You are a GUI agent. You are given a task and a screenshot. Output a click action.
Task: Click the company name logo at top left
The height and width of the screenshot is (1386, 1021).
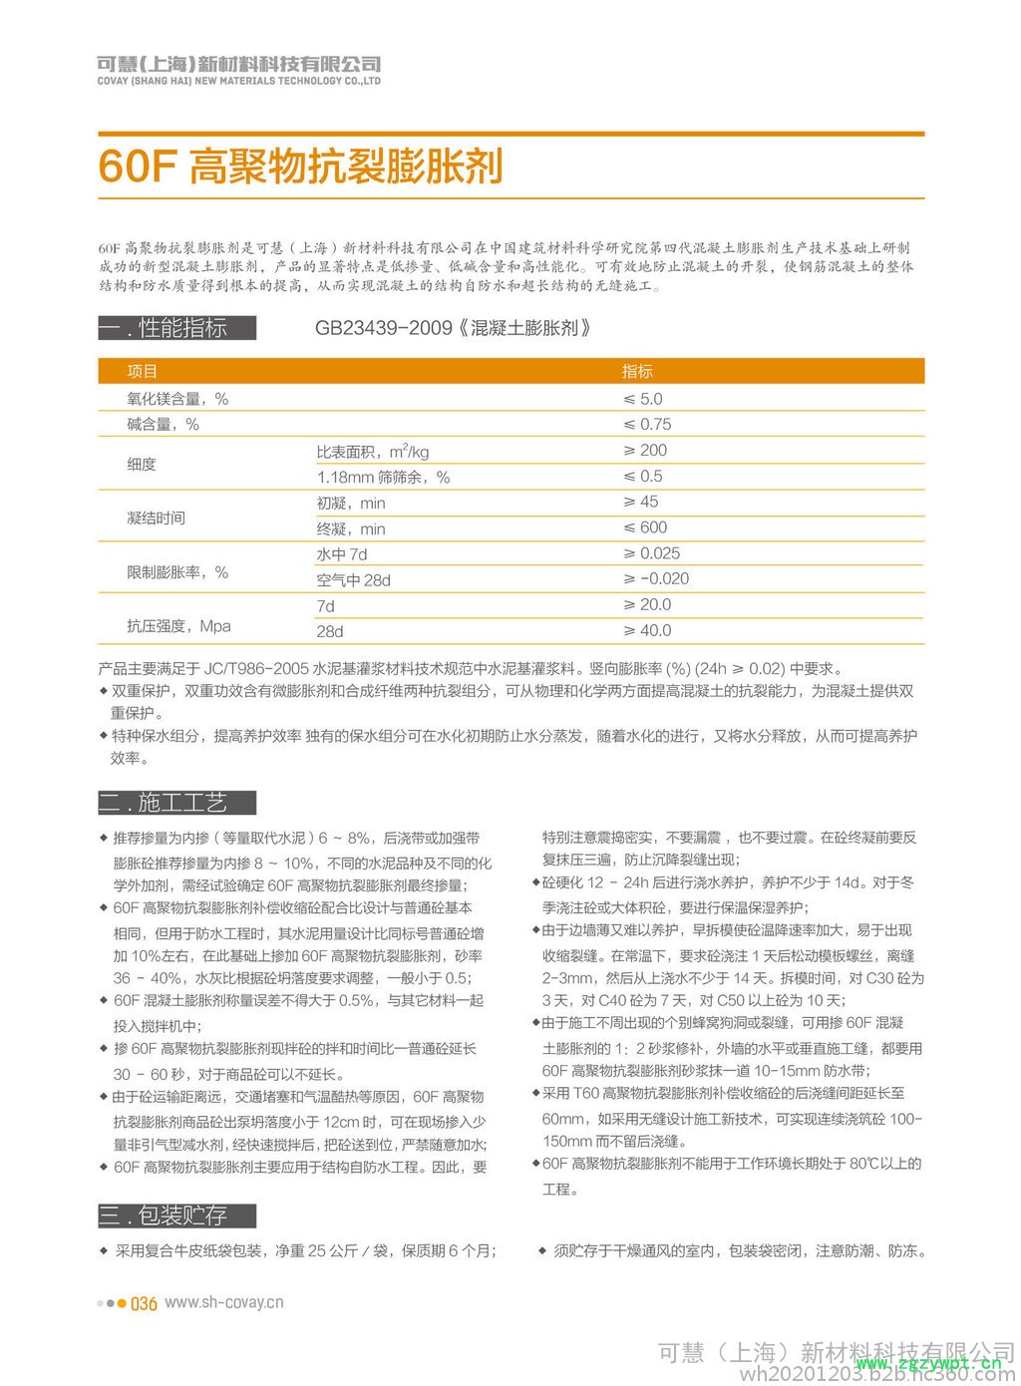click(x=238, y=69)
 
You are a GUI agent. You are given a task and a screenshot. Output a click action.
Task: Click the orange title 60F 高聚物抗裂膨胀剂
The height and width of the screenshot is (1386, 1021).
click(x=299, y=167)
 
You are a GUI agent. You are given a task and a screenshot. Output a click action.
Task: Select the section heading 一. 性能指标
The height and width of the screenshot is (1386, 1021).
click(x=176, y=328)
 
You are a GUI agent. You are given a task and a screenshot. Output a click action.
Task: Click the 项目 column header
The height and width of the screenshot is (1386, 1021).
click(x=143, y=371)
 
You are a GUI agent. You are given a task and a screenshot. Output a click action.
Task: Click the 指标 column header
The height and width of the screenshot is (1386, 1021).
click(x=637, y=371)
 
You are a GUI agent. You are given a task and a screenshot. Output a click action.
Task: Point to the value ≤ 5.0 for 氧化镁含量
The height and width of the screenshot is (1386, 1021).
click(x=643, y=398)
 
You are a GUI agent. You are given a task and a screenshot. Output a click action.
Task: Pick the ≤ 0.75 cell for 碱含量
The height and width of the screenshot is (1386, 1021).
click(x=647, y=424)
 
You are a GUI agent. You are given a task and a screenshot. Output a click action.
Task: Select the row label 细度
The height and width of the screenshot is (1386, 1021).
click(x=142, y=465)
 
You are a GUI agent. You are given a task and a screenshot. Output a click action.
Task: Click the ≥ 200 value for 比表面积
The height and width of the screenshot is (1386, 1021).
click(x=645, y=451)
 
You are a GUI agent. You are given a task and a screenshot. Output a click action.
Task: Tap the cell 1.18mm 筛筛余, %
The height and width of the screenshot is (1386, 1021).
click(x=383, y=478)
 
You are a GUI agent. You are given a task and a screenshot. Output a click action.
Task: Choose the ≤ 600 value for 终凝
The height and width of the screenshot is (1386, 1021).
click(x=645, y=527)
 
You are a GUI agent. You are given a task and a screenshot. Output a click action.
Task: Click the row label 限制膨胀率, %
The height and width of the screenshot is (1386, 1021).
click(x=177, y=572)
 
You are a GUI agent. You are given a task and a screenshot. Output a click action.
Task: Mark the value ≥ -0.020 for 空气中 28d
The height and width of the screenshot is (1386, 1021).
click(x=656, y=579)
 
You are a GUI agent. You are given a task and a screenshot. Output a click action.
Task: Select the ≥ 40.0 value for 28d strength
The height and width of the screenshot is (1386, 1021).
click(x=647, y=630)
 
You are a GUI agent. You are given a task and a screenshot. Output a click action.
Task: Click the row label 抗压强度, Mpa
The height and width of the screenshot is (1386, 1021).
click(x=178, y=626)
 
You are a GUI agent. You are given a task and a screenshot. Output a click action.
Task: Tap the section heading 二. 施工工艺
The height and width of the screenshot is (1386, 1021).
click(x=176, y=803)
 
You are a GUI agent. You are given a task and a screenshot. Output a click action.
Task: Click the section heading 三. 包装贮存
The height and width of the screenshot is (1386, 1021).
click(x=176, y=1215)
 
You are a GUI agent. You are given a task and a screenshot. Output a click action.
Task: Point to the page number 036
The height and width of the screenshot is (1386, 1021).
click(x=145, y=1303)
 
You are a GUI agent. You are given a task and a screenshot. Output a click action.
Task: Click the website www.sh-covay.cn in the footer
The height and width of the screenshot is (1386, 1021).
click(x=223, y=1302)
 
